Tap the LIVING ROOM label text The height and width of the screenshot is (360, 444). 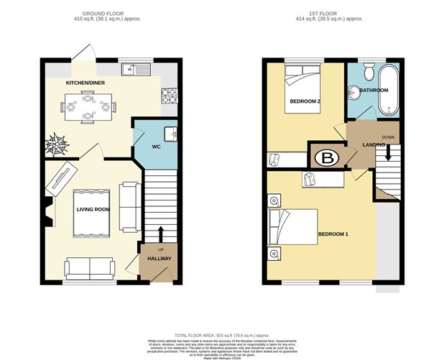[x=92, y=209]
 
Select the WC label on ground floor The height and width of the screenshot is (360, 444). [x=155, y=147]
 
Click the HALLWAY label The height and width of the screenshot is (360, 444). [x=159, y=258]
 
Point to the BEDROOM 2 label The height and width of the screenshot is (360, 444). [x=305, y=101]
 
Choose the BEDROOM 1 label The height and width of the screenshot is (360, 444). [x=333, y=234]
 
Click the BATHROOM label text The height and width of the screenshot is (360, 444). [x=374, y=91]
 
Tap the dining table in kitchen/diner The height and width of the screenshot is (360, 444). [x=88, y=110]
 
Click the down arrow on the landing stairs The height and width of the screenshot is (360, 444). [x=389, y=152]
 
